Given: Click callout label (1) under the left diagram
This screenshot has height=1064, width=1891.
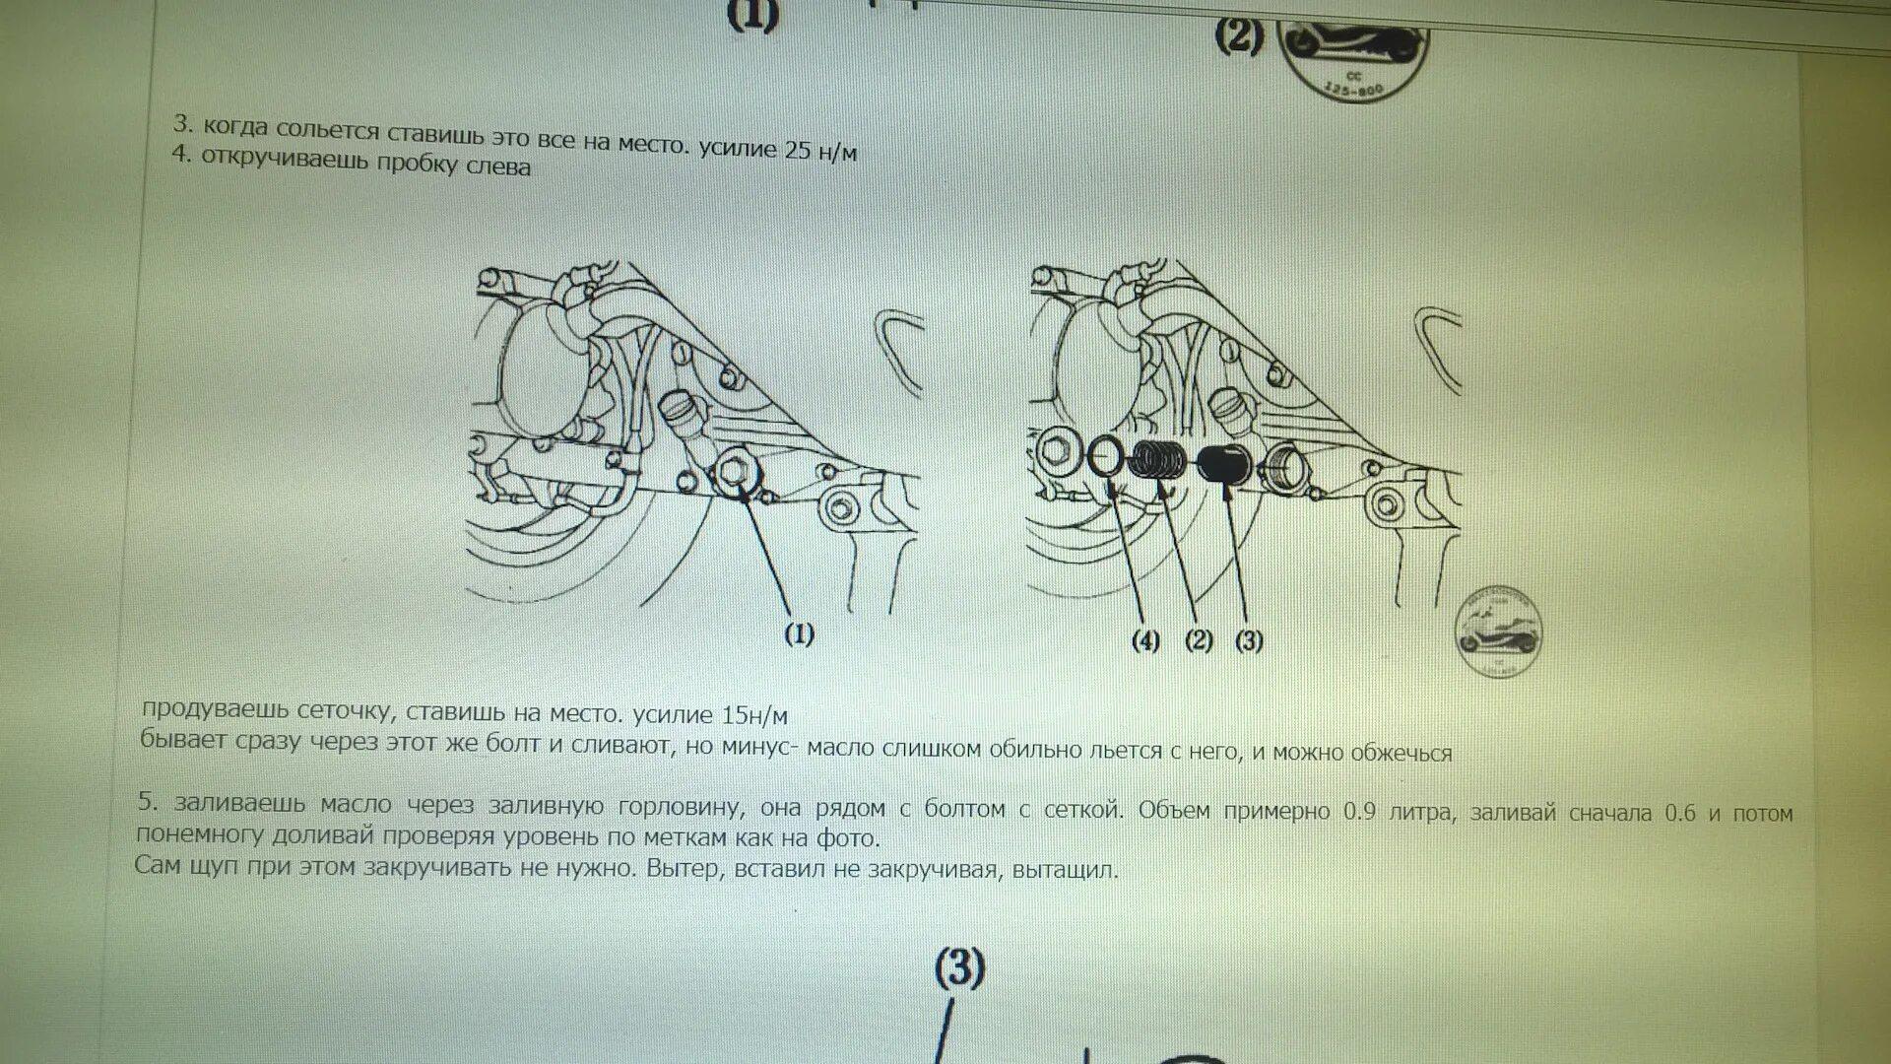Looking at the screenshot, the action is click(x=799, y=634).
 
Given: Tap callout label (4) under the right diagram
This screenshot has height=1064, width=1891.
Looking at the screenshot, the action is click(x=1145, y=641).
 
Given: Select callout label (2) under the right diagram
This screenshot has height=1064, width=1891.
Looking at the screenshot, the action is click(x=1198, y=640).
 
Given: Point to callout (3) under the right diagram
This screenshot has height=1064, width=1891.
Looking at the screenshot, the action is click(x=1249, y=641).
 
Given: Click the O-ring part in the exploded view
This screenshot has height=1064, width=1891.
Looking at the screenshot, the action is click(x=1106, y=455).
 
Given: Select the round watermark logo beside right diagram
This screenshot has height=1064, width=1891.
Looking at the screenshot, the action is click(x=1498, y=632).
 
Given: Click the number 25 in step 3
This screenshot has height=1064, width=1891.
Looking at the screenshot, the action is click(x=798, y=150).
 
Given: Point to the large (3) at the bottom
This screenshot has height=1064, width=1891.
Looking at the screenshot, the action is click(x=959, y=969).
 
